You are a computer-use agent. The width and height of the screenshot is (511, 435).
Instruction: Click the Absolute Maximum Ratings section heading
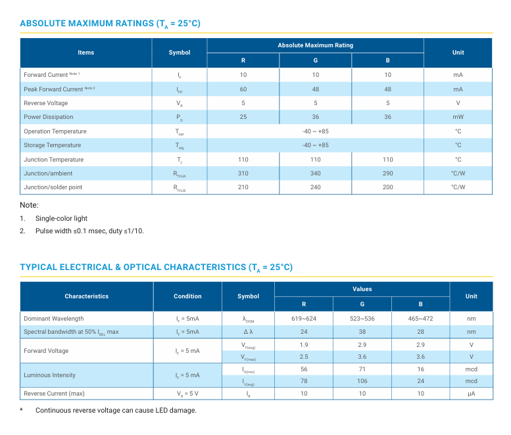tap(110, 24)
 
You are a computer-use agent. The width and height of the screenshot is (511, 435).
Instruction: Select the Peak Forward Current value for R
tap(243, 89)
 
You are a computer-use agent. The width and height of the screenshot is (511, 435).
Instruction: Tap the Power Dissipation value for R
tap(243, 117)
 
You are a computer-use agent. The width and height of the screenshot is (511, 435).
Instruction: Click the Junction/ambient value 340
tap(316, 173)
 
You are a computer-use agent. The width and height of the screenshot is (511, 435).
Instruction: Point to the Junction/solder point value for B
tap(388, 187)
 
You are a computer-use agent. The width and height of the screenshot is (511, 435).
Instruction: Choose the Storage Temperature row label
tap(52, 145)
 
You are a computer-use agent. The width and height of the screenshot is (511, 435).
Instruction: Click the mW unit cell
tap(458, 117)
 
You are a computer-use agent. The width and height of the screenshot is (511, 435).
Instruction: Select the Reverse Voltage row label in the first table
tap(45, 103)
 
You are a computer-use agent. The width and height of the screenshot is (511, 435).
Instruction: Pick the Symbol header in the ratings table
tap(180, 53)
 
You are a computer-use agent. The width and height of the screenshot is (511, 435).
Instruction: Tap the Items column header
tap(86, 53)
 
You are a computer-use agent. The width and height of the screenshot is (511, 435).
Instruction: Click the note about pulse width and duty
tap(89, 231)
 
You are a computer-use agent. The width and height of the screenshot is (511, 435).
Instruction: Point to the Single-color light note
tap(61, 218)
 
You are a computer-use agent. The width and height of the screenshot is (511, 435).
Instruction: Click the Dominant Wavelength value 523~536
tap(362, 319)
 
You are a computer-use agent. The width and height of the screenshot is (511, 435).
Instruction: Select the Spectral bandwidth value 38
tap(362, 332)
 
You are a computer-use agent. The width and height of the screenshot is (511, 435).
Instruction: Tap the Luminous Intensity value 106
tap(362, 381)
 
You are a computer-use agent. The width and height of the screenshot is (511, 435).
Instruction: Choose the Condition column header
tap(187, 296)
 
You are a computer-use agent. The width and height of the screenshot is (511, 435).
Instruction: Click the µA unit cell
tap(471, 394)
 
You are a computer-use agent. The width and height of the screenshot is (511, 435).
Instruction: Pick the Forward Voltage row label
tap(46, 351)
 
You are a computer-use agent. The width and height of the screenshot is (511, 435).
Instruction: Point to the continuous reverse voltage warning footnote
tap(116, 411)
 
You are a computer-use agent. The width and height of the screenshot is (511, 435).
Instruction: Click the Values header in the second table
tap(362, 289)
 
